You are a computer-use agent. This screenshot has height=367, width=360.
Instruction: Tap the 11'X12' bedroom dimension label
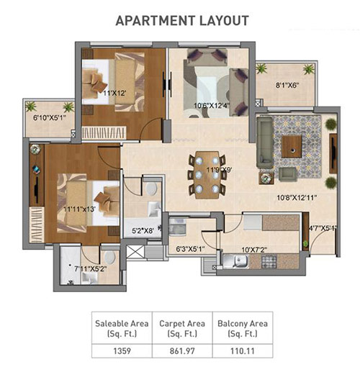114,93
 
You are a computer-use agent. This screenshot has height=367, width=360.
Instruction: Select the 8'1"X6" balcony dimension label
287,85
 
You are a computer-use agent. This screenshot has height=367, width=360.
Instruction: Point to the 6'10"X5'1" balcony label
50,118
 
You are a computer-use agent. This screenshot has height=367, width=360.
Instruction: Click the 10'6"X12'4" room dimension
212,106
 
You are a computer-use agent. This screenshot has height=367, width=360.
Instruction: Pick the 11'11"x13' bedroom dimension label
79,209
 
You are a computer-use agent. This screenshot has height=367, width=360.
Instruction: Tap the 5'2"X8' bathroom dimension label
143,230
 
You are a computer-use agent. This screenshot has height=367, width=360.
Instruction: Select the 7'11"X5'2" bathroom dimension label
91,268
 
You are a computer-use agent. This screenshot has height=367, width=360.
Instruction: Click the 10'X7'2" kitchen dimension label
254,250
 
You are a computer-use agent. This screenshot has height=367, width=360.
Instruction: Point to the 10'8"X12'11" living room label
297,198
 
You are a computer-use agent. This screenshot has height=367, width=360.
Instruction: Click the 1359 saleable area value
122,351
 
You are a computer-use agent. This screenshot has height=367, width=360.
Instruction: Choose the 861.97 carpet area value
182,351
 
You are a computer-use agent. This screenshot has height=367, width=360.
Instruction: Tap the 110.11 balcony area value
243,351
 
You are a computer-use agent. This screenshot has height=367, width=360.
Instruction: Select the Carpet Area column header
182,328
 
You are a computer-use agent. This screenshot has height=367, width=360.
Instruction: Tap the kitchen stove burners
269,261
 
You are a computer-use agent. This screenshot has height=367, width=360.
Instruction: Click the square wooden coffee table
292,146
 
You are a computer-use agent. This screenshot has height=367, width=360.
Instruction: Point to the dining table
207,175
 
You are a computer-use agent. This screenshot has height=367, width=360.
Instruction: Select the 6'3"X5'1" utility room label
190,249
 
